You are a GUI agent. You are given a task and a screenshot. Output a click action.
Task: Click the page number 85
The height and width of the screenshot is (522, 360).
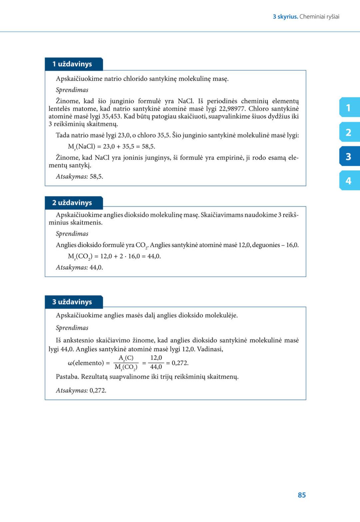302,495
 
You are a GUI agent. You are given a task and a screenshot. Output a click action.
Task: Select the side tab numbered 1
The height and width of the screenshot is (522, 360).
349,108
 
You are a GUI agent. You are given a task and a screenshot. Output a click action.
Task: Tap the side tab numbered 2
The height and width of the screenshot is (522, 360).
349,132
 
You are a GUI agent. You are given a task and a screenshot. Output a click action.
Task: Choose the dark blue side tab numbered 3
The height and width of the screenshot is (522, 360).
349,156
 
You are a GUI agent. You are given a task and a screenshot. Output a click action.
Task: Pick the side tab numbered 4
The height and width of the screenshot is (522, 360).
349,181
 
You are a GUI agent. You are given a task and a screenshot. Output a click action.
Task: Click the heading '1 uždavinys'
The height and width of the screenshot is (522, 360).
72,64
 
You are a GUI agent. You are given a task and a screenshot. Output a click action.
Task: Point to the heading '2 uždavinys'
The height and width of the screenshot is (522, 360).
72,203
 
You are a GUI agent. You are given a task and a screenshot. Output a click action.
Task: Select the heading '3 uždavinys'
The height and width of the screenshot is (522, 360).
72,302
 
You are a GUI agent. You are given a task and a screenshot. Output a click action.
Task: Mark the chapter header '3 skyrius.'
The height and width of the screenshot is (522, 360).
285,17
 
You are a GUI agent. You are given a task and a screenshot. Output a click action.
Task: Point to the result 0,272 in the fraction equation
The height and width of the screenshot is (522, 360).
180,363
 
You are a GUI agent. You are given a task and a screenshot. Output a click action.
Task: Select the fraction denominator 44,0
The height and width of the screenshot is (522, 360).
156,367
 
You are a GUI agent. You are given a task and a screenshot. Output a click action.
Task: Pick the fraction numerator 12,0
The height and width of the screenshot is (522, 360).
156,358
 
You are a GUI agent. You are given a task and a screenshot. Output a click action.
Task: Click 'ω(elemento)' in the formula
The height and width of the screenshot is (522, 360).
86,363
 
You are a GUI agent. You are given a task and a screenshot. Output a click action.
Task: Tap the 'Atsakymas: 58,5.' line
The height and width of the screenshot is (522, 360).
79,176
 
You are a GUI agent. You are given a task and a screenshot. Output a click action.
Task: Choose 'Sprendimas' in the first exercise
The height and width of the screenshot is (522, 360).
72,90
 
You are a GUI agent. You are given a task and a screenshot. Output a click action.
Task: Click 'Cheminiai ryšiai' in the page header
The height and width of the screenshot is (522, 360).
319,17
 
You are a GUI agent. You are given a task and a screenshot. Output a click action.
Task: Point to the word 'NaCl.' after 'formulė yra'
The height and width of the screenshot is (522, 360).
186,101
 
